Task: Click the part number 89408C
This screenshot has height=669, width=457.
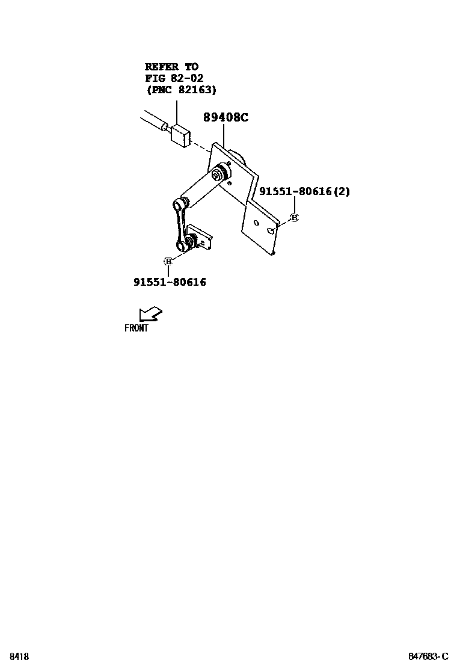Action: point(225,118)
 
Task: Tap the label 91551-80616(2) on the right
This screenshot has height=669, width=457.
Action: point(304,191)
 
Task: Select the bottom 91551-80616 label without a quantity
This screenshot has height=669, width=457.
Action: point(170,282)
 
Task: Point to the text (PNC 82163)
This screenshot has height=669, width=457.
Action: point(181,90)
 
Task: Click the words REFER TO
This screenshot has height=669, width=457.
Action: point(171,67)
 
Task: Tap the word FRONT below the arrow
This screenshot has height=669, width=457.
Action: point(136,328)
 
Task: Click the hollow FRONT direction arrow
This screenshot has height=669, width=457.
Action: point(150,313)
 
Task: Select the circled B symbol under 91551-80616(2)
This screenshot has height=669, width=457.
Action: point(294,217)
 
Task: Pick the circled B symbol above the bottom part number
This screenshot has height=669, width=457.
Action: point(168,261)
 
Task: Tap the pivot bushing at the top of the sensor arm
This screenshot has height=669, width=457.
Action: point(219,173)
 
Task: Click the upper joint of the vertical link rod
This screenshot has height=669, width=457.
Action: point(180,205)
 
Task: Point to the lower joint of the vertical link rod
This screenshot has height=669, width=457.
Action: point(184,244)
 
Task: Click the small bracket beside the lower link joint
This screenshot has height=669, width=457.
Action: point(201,236)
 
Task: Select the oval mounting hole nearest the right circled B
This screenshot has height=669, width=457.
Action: point(272,229)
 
